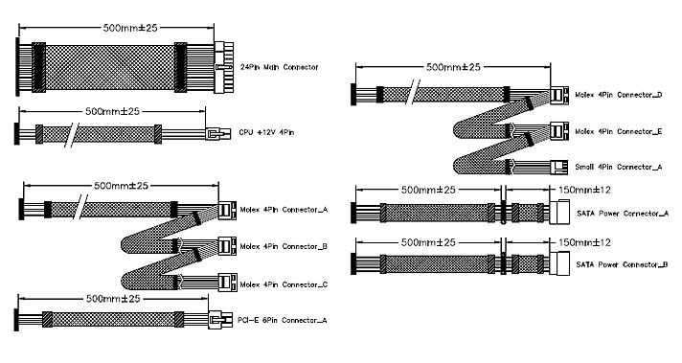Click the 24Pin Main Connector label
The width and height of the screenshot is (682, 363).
click(x=280, y=67)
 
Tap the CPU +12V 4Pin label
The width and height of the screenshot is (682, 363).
click(x=266, y=132)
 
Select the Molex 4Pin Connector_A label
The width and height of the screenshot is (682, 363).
click(x=284, y=210)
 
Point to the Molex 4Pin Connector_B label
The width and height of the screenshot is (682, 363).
click(x=284, y=246)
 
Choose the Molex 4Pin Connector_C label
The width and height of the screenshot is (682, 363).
click(x=284, y=284)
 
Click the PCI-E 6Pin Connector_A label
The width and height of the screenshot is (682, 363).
click(x=283, y=321)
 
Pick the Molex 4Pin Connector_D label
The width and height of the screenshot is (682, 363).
click(x=619, y=95)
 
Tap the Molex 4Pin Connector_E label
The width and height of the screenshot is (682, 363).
click(x=619, y=132)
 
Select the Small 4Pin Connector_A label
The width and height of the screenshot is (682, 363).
click(x=619, y=167)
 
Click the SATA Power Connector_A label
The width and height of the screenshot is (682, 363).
click(x=623, y=214)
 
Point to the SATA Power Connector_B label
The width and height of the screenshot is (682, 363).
click(x=622, y=264)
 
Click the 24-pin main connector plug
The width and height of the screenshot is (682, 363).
click(x=224, y=67)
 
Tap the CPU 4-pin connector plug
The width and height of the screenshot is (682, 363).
click(x=217, y=133)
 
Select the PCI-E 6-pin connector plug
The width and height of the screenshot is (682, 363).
click(x=221, y=321)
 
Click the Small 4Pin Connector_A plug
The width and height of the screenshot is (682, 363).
click(x=559, y=167)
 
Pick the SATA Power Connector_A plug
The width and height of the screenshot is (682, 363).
click(x=559, y=212)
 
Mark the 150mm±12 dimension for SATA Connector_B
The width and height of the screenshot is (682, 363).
click(x=584, y=242)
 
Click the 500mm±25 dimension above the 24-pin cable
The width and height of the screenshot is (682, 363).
click(x=130, y=28)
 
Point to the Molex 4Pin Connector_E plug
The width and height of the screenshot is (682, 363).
click(x=559, y=131)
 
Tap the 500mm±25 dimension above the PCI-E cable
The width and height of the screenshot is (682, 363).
click(x=113, y=299)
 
